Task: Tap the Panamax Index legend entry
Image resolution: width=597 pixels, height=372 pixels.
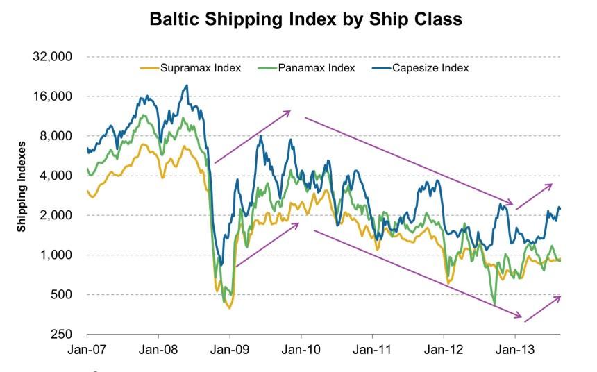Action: click(x=316, y=68)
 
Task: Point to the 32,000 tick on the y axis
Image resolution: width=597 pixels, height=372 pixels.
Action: click(x=53, y=57)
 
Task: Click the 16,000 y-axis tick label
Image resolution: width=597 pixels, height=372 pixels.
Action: click(x=53, y=96)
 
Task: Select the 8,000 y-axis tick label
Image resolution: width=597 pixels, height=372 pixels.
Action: click(x=56, y=136)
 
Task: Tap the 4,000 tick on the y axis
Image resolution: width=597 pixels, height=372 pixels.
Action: click(x=56, y=176)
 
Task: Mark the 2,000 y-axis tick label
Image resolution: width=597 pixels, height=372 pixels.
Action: click(x=56, y=216)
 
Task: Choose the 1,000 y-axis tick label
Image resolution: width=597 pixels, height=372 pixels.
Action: click(x=56, y=255)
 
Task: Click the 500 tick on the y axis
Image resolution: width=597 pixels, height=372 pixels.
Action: click(x=62, y=295)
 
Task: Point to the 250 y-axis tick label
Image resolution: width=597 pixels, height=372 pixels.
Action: click(x=62, y=335)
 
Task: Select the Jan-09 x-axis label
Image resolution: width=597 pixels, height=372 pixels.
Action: click(x=230, y=350)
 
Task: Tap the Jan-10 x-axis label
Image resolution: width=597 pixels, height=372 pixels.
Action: click(x=301, y=350)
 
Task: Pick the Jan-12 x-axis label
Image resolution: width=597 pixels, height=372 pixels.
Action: click(x=444, y=350)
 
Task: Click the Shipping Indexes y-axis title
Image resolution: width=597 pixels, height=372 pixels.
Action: click(x=22, y=186)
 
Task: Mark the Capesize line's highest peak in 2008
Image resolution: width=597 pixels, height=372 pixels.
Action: click(x=186, y=85)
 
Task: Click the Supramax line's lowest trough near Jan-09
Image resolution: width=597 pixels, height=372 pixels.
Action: click(x=229, y=307)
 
